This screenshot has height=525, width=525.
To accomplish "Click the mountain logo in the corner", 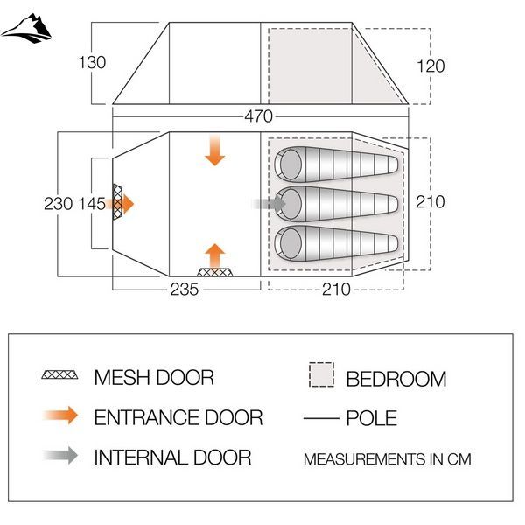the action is [x=26, y=29].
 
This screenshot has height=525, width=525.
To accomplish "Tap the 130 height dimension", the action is [x=92, y=63].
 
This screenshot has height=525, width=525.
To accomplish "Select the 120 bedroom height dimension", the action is [x=430, y=66].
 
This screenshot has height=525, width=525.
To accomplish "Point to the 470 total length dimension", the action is [x=258, y=116].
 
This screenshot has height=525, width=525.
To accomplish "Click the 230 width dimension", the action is [x=58, y=204].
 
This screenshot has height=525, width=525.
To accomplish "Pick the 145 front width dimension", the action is [x=92, y=204].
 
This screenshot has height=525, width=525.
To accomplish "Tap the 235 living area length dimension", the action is [x=184, y=290].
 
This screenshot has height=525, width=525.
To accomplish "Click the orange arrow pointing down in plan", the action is [x=214, y=150].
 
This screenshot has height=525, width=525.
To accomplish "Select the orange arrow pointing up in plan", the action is [x=214, y=256].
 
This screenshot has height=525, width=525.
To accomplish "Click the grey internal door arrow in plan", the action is [x=269, y=204].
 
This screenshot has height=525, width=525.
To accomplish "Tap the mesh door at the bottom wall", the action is [x=214, y=272].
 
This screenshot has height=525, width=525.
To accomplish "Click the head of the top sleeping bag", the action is [x=290, y=164].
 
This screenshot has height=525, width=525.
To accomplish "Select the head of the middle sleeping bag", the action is [x=290, y=204].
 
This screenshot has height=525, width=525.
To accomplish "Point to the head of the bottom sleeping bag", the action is [x=290, y=243].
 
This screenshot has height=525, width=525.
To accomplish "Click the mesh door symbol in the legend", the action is [x=59, y=374].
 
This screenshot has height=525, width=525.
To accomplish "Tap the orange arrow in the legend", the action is [x=61, y=416].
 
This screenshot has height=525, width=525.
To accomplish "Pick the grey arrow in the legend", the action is [x=61, y=455].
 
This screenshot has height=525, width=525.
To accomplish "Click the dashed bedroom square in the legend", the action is [x=321, y=374].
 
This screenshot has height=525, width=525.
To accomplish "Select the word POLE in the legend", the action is [x=371, y=418].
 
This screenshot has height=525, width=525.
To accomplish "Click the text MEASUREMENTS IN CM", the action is [x=387, y=459].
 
